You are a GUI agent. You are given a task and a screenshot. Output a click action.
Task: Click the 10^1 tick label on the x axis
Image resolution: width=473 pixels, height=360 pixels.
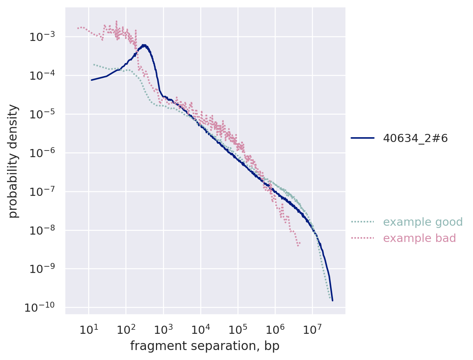pos(88,329)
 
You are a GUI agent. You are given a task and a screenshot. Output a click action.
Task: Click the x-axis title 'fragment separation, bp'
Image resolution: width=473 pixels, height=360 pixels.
pos(205,346)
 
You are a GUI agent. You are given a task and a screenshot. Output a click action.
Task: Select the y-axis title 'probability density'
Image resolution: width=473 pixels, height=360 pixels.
pos(13,161)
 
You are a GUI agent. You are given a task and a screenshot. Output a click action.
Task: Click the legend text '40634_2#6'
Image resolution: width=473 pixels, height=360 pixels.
pos(415,138)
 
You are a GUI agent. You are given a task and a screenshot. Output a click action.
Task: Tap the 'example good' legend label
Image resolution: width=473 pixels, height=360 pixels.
pos(422,222)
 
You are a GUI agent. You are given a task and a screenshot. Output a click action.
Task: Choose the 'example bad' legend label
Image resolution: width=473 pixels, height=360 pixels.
pos(419,238)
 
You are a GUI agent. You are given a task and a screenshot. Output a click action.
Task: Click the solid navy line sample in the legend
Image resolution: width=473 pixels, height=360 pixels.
pos(362,138)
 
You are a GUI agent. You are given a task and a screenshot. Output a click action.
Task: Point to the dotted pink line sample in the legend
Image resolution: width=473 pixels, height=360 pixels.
pos(362,238)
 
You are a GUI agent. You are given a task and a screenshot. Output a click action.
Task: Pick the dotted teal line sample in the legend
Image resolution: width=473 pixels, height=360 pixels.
pos(362,222)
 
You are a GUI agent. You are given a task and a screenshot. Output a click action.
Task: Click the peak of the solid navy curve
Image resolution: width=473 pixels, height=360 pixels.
pos(144,45)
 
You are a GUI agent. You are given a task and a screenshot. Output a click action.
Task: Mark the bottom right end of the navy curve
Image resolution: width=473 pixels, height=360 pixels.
pos(332,300)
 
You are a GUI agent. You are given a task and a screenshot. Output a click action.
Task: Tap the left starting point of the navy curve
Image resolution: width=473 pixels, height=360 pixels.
pos(91,80)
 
